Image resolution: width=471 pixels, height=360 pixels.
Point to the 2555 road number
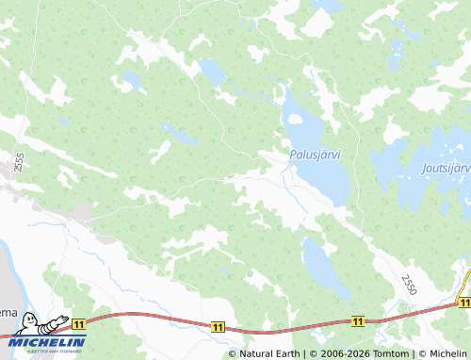click(x=19, y=162)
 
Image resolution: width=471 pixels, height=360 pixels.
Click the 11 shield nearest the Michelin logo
click(x=78, y=323)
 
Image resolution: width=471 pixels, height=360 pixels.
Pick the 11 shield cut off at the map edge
click(x=464, y=301)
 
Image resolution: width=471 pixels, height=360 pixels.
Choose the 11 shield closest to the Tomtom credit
click(x=358, y=321)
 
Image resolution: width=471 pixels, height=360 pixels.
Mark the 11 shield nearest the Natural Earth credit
click(x=219, y=326)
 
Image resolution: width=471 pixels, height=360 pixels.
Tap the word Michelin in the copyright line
click(x=447, y=353)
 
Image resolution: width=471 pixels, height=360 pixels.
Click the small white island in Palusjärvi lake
click(x=293, y=121)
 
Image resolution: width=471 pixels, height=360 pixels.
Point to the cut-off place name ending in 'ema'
click(x=7, y=312)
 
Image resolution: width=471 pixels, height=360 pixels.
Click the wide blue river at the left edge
click(x=8, y=273)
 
